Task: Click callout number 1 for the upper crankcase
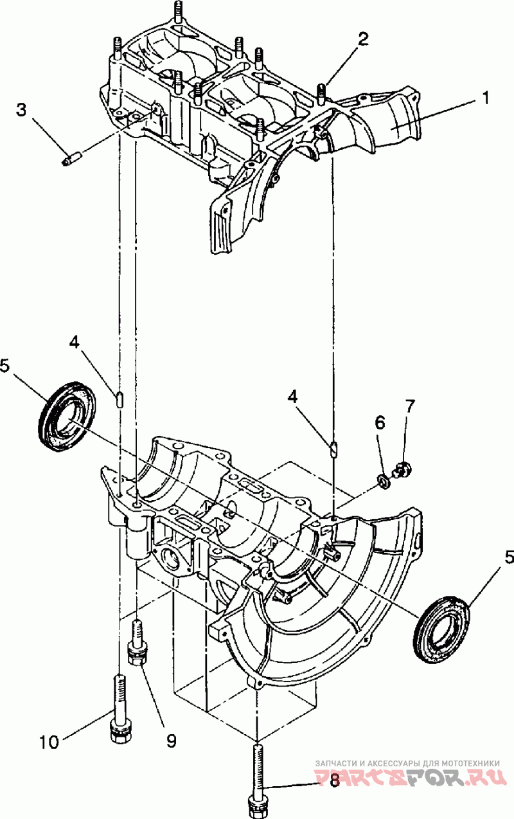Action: click(485, 98)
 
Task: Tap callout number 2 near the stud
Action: click(363, 39)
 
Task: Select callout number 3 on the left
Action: click(22, 111)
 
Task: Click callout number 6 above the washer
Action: click(380, 424)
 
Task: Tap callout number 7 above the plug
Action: click(409, 406)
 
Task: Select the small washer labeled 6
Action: click(384, 483)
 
